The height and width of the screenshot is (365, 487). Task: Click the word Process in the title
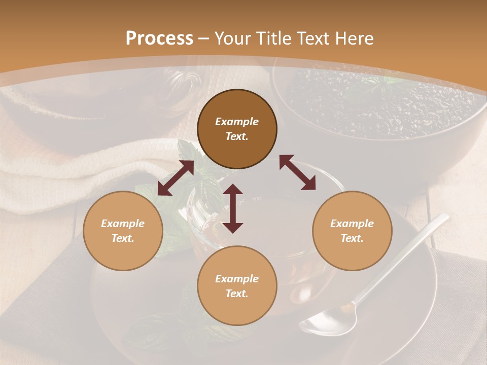coord(159,38)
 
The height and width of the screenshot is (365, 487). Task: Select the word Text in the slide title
coord(315,38)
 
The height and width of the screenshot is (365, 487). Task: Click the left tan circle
coord(123,231)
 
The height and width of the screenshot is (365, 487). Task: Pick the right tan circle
coord(352,231)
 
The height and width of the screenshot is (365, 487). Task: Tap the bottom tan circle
coord(237,285)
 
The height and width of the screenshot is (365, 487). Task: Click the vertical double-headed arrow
coord(233,208)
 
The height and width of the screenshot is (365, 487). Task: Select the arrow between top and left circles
coord(176,178)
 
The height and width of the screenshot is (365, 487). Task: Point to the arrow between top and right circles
coord(297,172)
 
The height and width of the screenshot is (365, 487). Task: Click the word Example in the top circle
coord(237,122)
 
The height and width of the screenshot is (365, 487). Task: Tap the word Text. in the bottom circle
coord(237,294)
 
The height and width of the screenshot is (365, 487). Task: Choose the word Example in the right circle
coord(352,224)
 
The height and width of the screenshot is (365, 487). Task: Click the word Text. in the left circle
coord(123,238)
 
